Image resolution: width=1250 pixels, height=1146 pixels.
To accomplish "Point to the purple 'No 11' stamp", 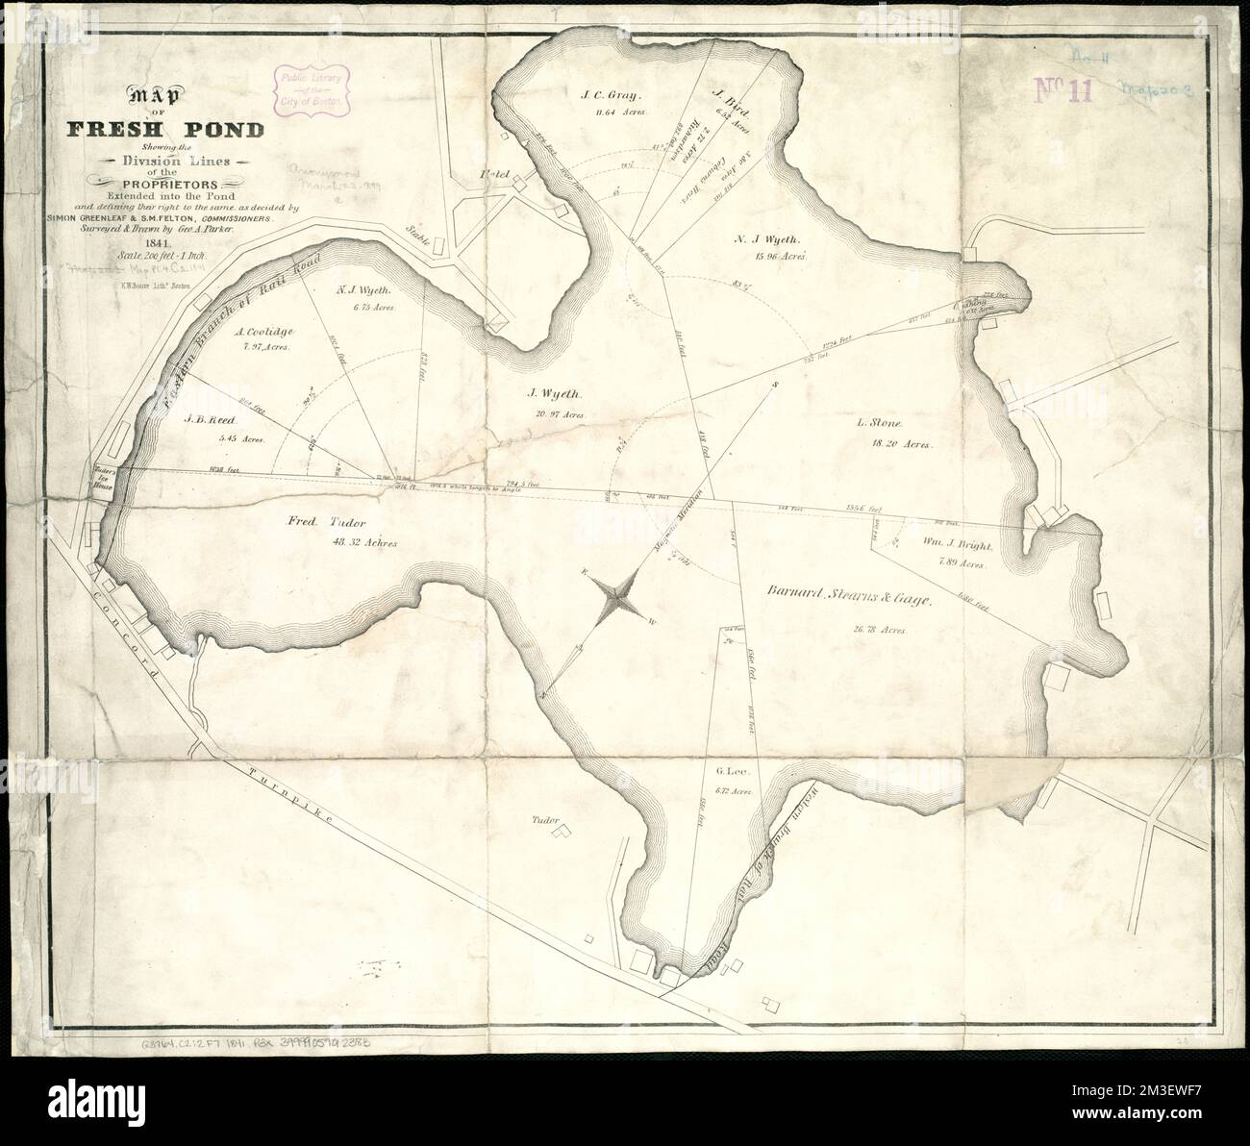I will pyautogui.click(x=1066, y=89).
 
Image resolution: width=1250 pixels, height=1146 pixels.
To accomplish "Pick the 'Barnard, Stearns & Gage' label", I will pyautogui.click(x=848, y=599).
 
